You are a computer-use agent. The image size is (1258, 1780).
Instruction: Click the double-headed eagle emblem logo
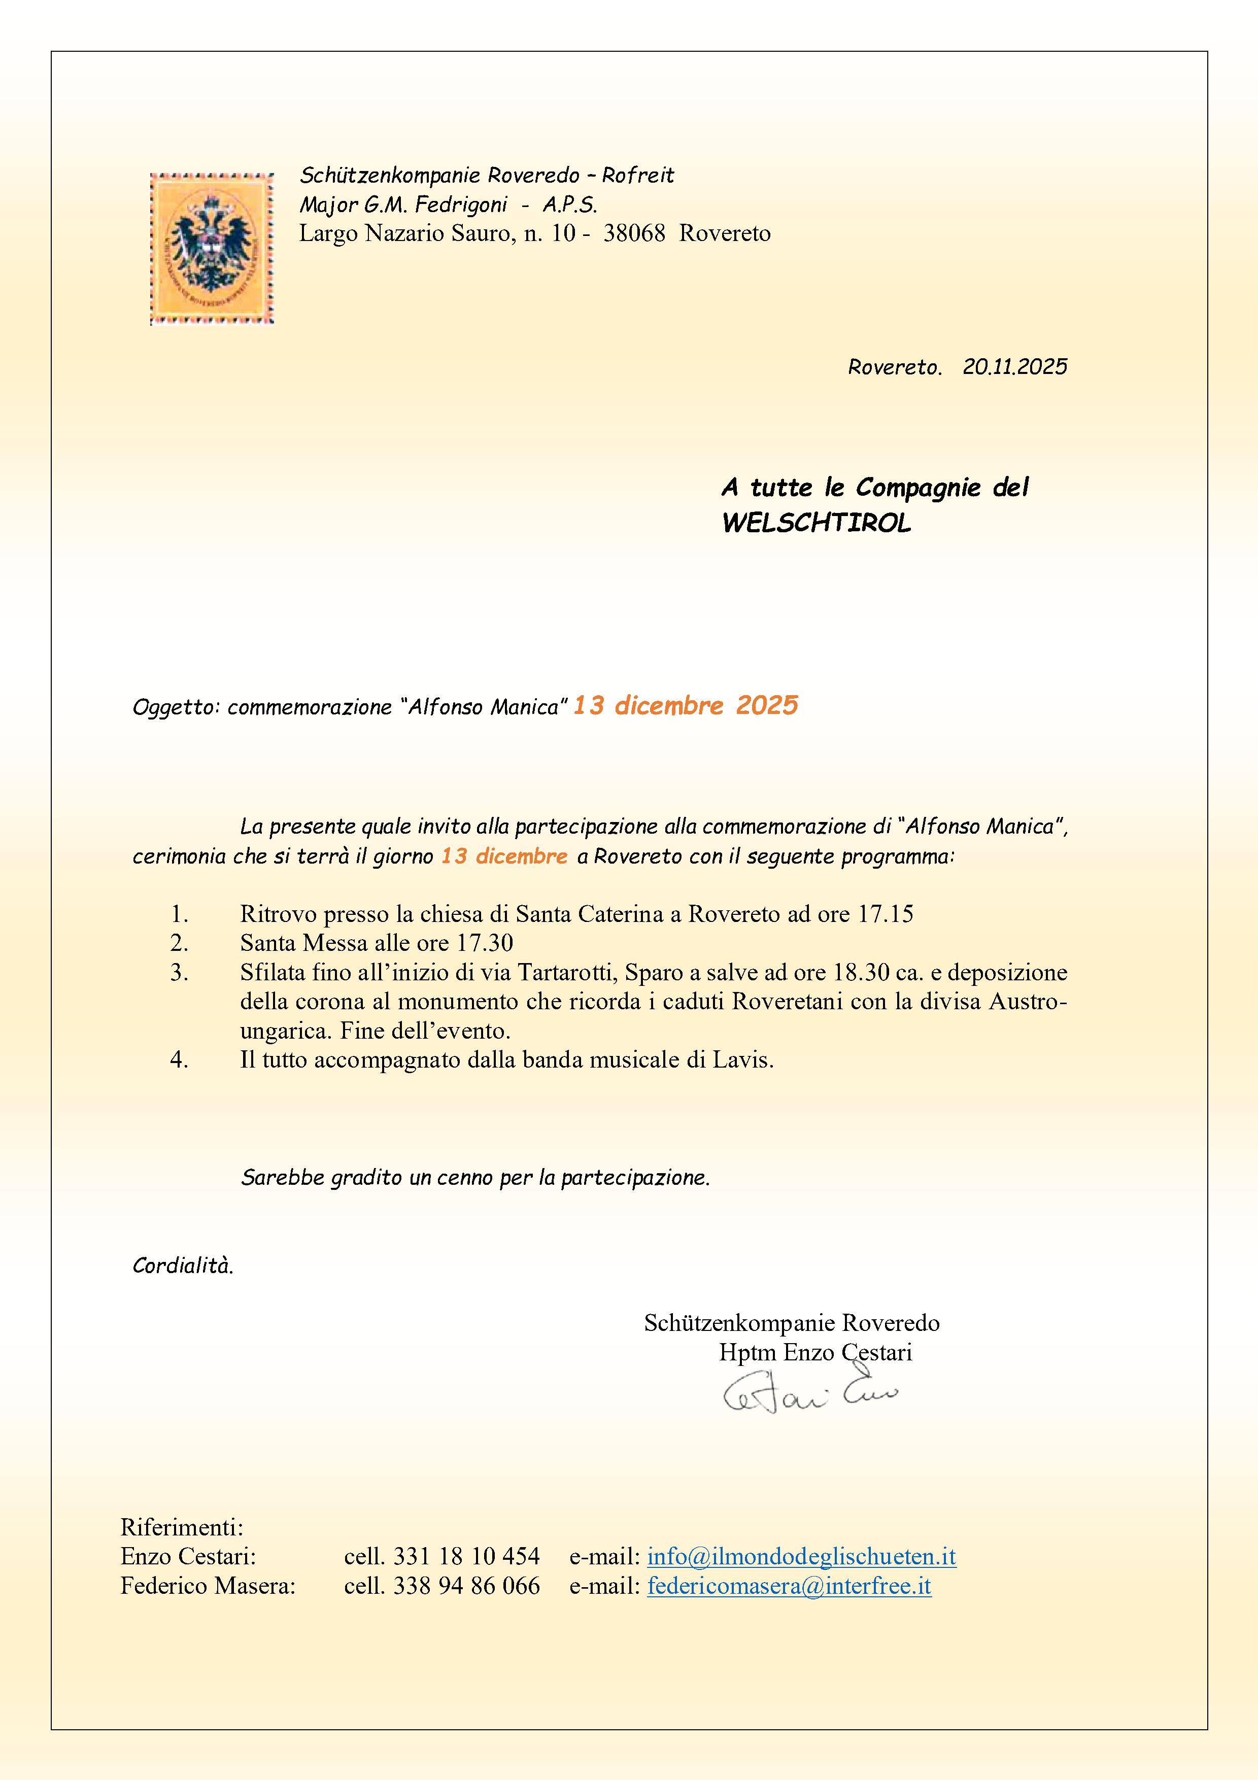[x=212, y=248]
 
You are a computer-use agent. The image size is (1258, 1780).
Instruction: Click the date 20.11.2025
[x=1014, y=367]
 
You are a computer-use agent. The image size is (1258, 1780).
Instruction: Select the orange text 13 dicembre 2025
[x=685, y=705]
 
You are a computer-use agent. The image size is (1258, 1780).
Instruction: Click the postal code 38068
[x=634, y=233]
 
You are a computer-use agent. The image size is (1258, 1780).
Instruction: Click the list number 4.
[x=179, y=1060]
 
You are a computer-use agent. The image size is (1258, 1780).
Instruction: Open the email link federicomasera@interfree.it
[x=789, y=1586]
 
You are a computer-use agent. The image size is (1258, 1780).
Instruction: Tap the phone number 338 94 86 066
[x=466, y=1586]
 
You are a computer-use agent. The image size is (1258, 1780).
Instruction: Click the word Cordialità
[x=183, y=1266]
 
